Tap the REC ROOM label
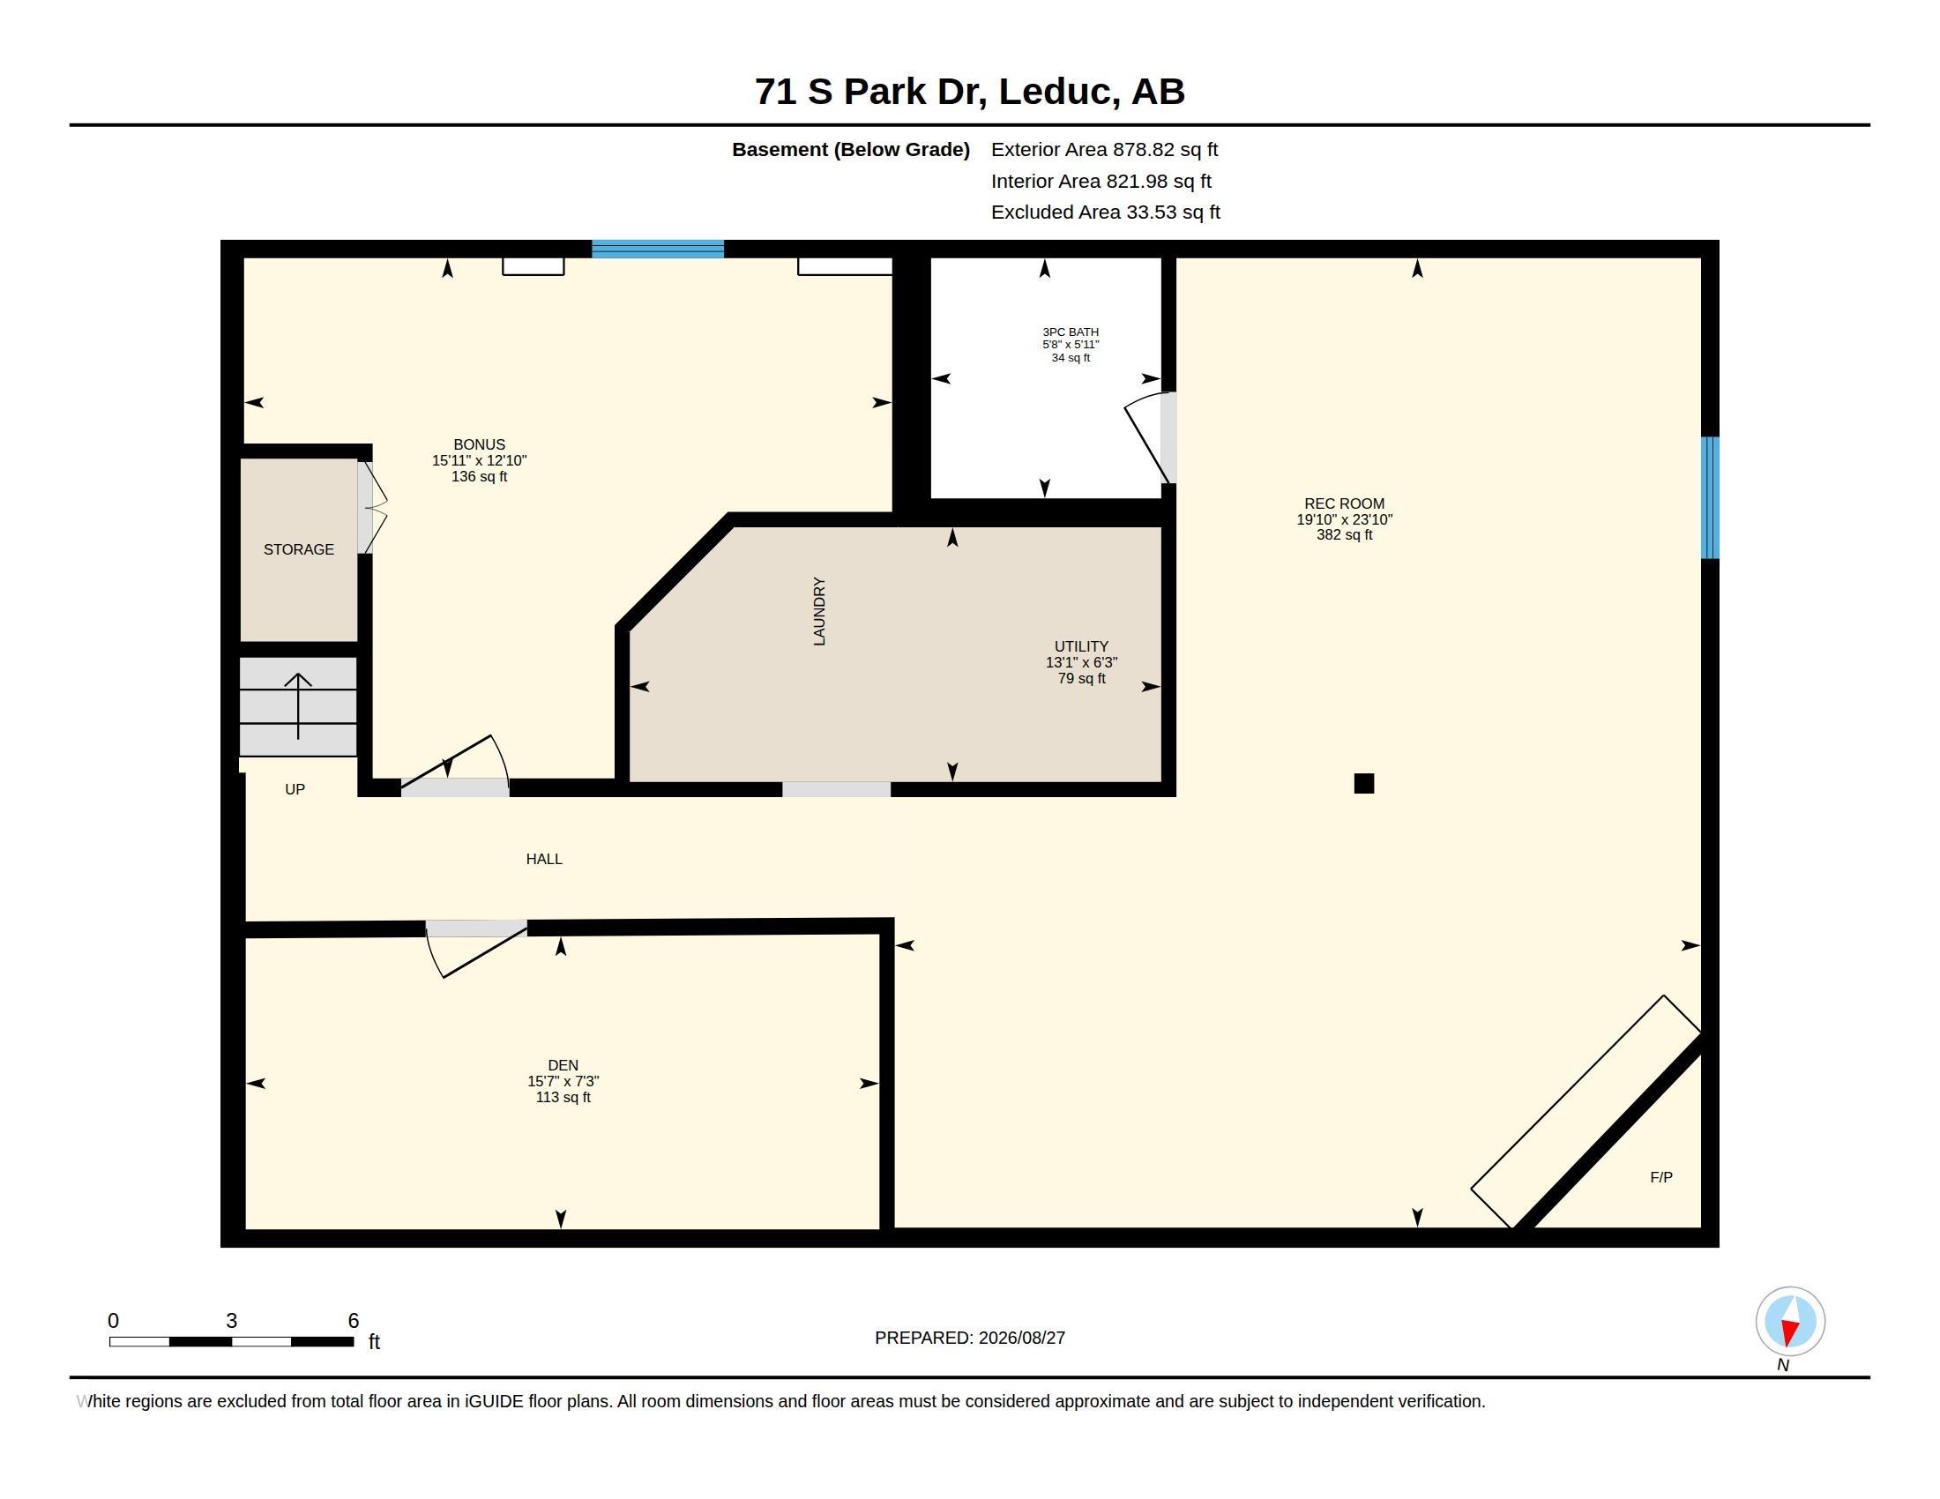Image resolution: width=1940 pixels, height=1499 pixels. tap(1344, 503)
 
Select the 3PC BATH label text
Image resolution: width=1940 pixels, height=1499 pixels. tap(1071, 332)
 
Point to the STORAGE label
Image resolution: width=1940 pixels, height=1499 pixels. tap(298, 549)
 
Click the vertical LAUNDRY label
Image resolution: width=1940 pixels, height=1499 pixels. tap(819, 611)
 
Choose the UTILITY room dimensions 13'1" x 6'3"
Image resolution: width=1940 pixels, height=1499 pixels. tap(1081, 662)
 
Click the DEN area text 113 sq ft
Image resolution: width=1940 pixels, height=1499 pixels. tap(563, 1098)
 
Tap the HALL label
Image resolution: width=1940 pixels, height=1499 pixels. tap(543, 859)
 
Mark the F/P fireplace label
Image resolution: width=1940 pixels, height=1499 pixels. tap(1661, 1177)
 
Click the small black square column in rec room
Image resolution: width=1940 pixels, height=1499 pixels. tap(1363, 783)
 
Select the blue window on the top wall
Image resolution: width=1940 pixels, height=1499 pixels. tap(657, 249)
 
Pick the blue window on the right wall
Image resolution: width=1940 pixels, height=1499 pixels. tap(1710, 497)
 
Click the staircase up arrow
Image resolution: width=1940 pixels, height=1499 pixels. tap(297, 706)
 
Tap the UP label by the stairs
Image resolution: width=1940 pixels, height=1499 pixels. tap(295, 789)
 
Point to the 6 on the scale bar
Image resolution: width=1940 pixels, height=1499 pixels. tap(354, 1321)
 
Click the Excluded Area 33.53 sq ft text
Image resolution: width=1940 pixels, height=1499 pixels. tap(1105, 213)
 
